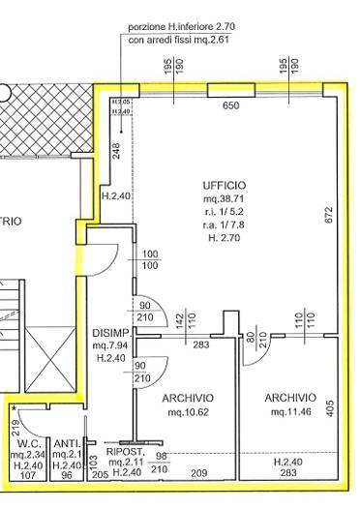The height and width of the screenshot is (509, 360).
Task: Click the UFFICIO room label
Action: pyautogui.click(x=225, y=184)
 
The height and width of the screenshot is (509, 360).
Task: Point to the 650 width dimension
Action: pyautogui.click(x=231, y=105)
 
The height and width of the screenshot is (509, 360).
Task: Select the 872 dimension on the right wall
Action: pyautogui.click(x=329, y=216)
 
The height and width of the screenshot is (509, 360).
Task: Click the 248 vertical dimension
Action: pyautogui.click(x=115, y=150)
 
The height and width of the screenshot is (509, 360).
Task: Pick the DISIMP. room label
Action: pyautogui.click(x=111, y=331)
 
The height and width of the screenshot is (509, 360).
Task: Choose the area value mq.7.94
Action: pyautogui.click(x=111, y=344)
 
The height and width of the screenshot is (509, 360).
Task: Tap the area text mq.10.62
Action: pyautogui.click(x=189, y=412)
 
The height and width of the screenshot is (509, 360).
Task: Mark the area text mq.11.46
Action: pyautogui.click(x=290, y=412)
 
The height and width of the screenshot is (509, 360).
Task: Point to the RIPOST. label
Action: pyautogui.click(x=126, y=451)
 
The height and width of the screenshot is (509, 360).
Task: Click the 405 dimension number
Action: pyautogui.click(x=329, y=408)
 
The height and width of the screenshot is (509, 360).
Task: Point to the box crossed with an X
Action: pyautogui.click(x=43, y=357)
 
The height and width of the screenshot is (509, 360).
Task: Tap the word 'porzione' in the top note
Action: pyautogui.click(x=150, y=29)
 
